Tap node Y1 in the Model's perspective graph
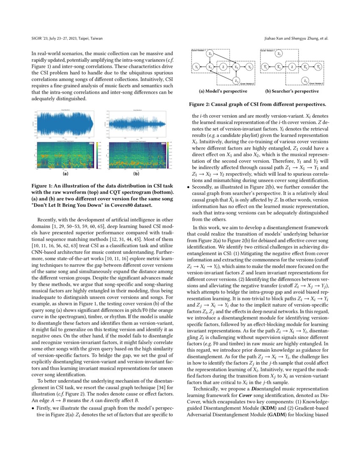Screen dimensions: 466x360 pos(196,67)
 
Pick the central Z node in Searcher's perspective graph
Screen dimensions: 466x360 pos(291,67)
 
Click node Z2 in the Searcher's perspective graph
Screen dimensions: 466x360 pos(305,80)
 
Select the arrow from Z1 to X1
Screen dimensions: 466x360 pos(210,61)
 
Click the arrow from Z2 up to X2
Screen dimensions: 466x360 pos(236,74)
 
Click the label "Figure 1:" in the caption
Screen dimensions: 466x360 pos(45,186)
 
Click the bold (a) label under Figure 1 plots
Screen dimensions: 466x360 pos(66,174)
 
